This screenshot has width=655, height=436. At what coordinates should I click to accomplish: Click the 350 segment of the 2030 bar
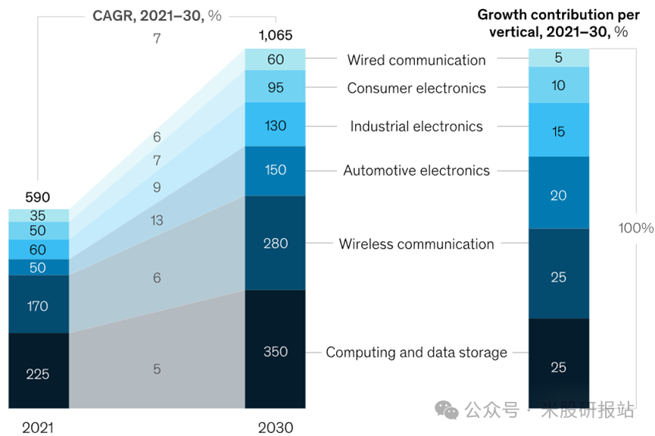pos(276,351)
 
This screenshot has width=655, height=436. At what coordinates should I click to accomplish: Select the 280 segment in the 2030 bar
pos(276,243)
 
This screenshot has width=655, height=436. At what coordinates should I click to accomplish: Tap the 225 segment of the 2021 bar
pos(38,372)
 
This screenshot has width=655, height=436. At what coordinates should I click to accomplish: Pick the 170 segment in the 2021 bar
pos(38,306)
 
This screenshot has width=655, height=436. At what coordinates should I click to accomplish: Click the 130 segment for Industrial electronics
pos(276,125)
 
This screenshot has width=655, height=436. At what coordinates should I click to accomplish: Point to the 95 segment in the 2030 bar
pos(276,87)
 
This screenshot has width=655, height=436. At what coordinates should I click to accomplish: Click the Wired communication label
pos(416,60)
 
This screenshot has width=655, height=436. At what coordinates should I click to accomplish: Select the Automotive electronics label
pos(416,171)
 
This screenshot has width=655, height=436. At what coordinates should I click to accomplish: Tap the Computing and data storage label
pos(416,353)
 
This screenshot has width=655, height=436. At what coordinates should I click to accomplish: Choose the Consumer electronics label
pos(416,88)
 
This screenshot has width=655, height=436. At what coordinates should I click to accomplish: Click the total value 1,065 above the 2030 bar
pos(275,36)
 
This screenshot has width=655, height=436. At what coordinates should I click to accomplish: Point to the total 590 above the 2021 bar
pos(37,198)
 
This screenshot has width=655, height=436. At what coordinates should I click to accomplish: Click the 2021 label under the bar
pos(37,428)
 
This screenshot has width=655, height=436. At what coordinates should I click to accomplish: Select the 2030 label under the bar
pos(275,428)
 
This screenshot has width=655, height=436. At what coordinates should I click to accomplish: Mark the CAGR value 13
pos(157,221)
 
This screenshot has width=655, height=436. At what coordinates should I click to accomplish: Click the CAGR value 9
pos(157,187)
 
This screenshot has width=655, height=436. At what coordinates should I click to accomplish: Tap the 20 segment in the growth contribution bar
pos(558,195)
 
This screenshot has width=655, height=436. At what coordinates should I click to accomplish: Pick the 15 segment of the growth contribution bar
pos(558,131)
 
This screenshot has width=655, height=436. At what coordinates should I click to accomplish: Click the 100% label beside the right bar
pos(635,228)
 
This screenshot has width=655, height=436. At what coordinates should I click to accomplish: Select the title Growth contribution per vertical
pos(558,22)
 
